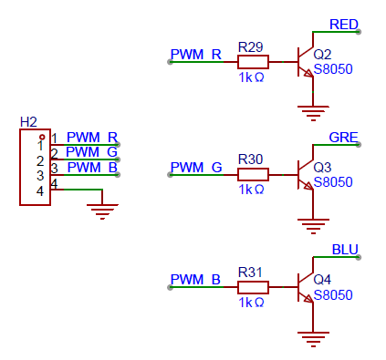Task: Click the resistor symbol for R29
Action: pyautogui.click(x=253, y=62)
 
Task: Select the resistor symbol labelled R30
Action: pyautogui.click(x=253, y=175)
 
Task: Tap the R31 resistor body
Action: pyautogui.click(x=253, y=287)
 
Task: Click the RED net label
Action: pyautogui.click(x=344, y=25)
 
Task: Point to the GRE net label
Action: pyautogui.click(x=343, y=138)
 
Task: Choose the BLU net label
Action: pyautogui.click(x=345, y=250)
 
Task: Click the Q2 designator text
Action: pyautogui.click(x=322, y=55)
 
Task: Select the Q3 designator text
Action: pyautogui.click(x=322, y=168)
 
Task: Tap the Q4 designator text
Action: pyautogui.click(x=322, y=280)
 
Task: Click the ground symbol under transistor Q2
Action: pyautogui.click(x=313, y=113)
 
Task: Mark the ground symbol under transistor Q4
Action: pyautogui.click(x=313, y=339)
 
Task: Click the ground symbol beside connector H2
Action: pyautogui.click(x=102, y=211)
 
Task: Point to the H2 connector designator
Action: pyautogui.click(x=28, y=122)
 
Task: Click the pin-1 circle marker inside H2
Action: pyautogui.click(x=42, y=137)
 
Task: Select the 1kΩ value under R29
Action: pyautogui.click(x=251, y=77)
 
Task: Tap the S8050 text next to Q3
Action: pyautogui.click(x=333, y=182)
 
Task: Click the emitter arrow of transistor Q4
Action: pyautogui.click(x=308, y=298)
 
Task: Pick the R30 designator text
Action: pyautogui.click(x=250, y=159)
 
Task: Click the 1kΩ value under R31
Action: pyautogui.click(x=251, y=303)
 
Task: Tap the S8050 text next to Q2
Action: pyautogui.click(x=333, y=69)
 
